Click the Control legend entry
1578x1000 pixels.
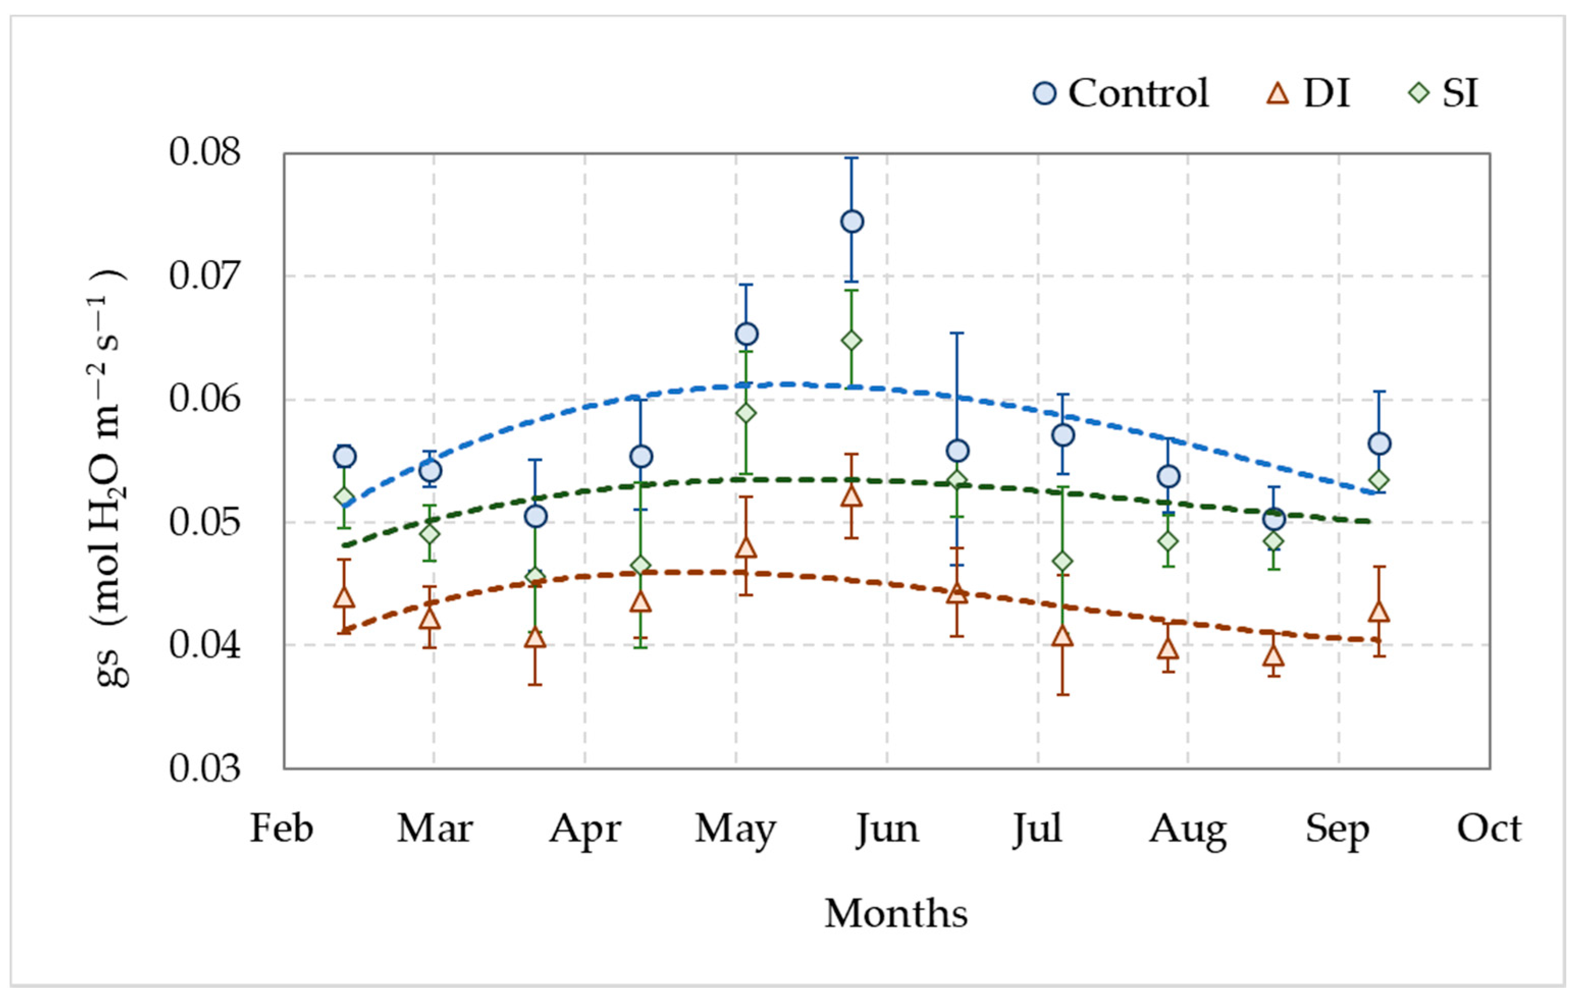click(1120, 93)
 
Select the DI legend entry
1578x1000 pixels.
click(1308, 93)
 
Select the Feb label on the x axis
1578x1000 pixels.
click(282, 829)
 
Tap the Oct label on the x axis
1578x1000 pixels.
click(1489, 829)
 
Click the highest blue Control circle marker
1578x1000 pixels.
click(852, 222)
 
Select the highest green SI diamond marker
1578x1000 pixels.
click(851, 341)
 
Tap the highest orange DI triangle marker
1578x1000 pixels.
click(851, 496)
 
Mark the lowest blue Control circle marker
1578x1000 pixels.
click(1274, 519)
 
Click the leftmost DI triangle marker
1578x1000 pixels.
click(344, 597)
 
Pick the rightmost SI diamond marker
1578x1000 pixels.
click(1379, 481)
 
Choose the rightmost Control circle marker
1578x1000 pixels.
click(1379, 444)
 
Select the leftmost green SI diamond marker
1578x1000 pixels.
click(344, 497)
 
